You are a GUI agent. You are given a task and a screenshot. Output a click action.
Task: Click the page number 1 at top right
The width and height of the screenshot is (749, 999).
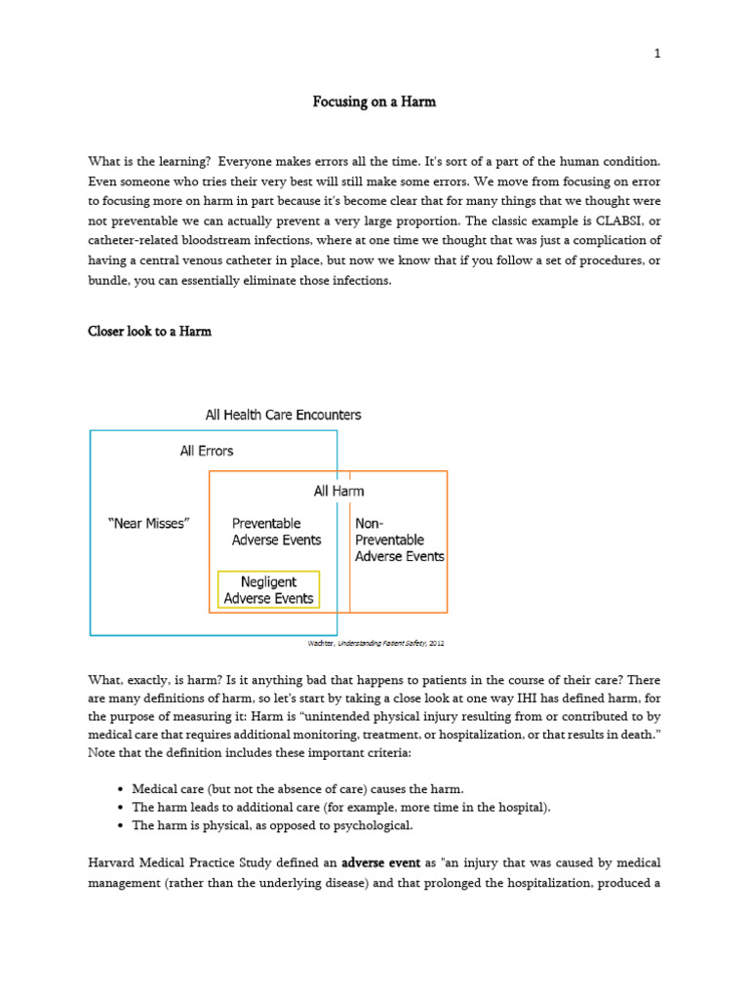coord(657,55)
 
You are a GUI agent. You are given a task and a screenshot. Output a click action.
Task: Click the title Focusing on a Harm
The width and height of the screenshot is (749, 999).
coord(374,101)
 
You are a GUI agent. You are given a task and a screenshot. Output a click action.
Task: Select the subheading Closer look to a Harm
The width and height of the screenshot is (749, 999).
coord(149,332)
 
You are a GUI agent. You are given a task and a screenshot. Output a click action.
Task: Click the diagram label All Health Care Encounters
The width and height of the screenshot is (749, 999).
coord(283,415)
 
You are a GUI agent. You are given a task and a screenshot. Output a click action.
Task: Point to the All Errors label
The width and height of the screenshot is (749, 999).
coord(207,451)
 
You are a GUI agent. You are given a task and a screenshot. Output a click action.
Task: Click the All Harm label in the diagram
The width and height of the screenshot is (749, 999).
coord(338,491)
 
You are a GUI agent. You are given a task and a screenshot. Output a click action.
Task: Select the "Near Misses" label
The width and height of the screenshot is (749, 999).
coord(148,523)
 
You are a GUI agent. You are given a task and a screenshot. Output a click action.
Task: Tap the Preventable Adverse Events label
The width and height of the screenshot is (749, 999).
coord(276,532)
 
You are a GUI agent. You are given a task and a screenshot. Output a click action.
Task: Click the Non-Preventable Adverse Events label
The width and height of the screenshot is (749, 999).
coord(399,539)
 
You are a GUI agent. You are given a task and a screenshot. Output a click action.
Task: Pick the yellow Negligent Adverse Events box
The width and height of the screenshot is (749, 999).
coord(268,589)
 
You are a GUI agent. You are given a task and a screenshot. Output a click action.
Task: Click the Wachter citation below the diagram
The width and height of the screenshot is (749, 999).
coord(375,644)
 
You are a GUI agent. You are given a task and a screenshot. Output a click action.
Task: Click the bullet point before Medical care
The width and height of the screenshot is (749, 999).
coord(118,788)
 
